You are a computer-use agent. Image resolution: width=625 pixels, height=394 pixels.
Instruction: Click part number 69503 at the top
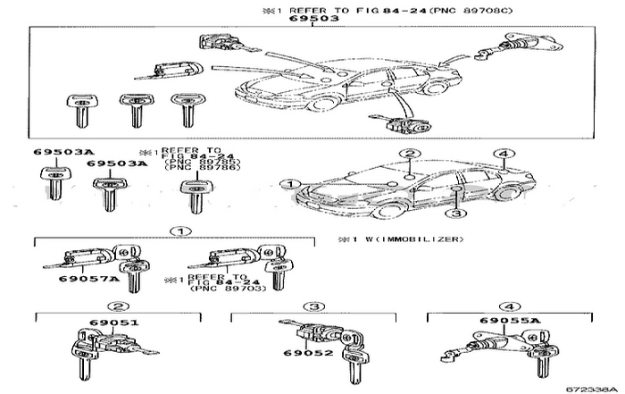coord(312,18)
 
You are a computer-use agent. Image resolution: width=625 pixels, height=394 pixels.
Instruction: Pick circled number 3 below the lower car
coord(455,214)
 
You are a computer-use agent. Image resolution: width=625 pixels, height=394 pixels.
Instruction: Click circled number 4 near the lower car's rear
coord(504,154)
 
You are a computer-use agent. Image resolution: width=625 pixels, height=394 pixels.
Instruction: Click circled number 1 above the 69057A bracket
coord(181,231)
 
